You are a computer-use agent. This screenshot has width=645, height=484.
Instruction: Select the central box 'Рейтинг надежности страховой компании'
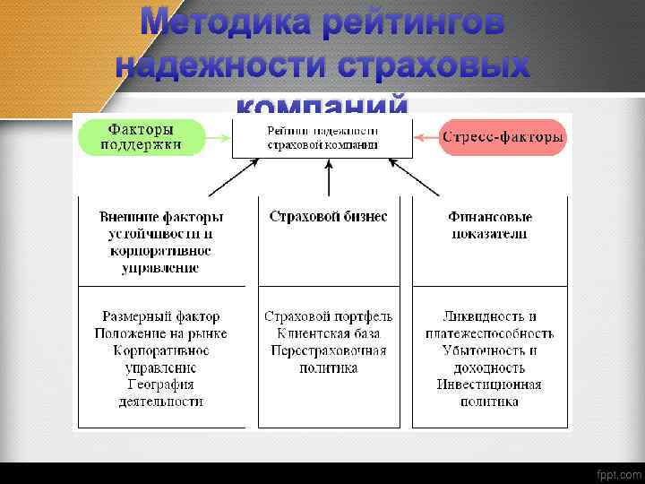322,137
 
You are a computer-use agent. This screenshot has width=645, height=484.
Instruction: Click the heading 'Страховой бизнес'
328,217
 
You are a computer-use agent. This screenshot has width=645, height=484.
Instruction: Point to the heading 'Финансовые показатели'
489,225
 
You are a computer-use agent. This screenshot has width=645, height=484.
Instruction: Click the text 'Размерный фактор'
161,316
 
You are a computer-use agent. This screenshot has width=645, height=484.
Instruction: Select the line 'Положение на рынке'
161,333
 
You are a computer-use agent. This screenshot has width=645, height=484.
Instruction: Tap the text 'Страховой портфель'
328,316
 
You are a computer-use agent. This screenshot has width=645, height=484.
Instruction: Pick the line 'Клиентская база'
328,333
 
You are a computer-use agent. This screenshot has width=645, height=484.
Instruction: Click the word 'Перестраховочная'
328,350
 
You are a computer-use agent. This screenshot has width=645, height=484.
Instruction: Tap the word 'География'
161,385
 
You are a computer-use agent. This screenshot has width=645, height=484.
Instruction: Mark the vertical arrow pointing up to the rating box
329,179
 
